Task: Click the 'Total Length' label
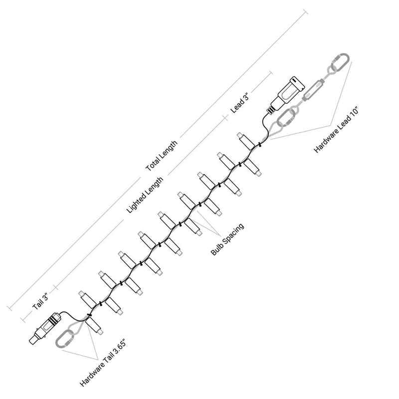[161, 156]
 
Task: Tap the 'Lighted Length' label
[145, 195]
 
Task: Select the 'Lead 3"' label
[239, 103]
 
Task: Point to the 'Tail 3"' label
[40, 302]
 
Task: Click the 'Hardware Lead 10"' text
[336, 130]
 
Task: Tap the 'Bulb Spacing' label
[227, 239]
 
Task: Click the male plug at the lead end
[288, 93]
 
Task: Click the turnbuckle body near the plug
[314, 90]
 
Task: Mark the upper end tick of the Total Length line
[305, 12]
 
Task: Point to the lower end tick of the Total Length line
[9, 308]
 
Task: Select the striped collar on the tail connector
[53, 319]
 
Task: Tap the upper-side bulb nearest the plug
[246, 141]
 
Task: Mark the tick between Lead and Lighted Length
[225, 118]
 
